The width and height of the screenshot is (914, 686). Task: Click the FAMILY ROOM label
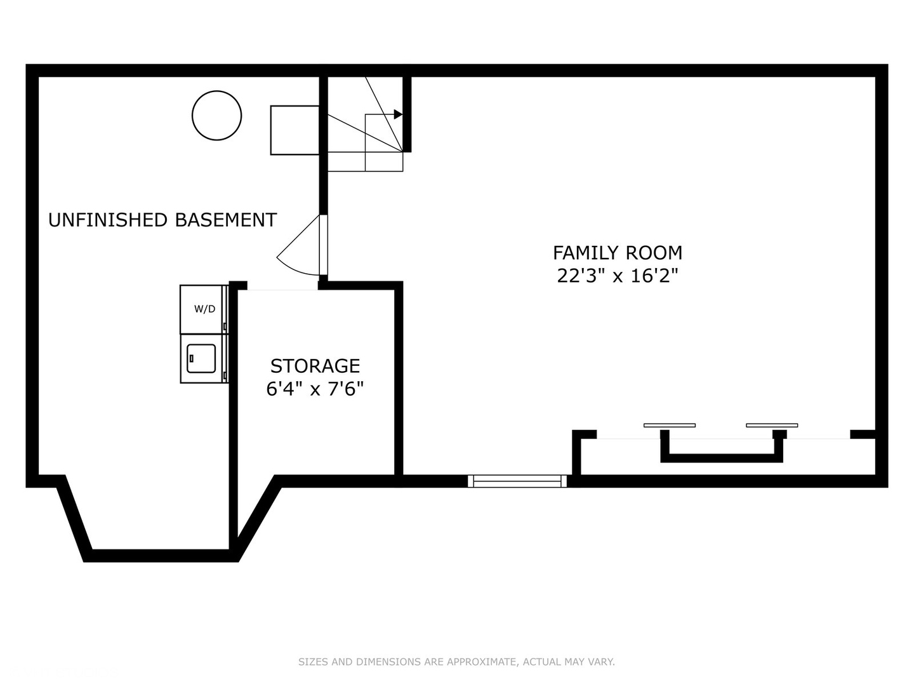[x=617, y=253]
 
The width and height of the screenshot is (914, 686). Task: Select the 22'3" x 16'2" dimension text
[x=617, y=276]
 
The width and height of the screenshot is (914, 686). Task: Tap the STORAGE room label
[x=315, y=366]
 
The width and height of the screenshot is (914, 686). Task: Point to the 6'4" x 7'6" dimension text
[x=315, y=389]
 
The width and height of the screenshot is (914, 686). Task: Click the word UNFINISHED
[x=108, y=220]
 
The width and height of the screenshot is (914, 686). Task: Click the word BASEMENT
[x=225, y=220]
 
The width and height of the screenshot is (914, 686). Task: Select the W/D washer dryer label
[x=204, y=309]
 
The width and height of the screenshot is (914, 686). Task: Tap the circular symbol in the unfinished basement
[x=216, y=115]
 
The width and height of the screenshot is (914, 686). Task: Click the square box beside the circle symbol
[x=295, y=130]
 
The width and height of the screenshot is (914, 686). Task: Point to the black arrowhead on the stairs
[x=398, y=114]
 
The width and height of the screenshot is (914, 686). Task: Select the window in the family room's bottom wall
[x=517, y=481]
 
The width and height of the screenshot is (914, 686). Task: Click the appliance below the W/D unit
[x=202, y=359]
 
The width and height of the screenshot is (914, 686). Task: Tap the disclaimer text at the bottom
[x=456, y=662]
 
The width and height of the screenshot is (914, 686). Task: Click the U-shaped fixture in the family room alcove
[x=721, y=457]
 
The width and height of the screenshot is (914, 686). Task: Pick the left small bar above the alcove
[x=669, y=425]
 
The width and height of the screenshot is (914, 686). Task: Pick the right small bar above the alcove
[x=771, y=425]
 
